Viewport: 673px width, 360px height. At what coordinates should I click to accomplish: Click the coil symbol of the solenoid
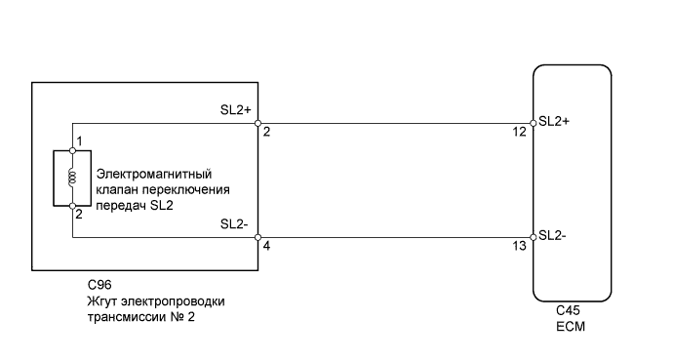pyautogui.click(x=72, y=179)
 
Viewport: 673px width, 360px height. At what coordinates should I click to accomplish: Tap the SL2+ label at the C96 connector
pyautogui.click(x=237, y=111)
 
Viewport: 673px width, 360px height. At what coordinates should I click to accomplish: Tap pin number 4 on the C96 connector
pyautogui.click(x=265, y=248)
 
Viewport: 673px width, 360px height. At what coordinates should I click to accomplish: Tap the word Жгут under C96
pyautogui.click(x=102, y=301)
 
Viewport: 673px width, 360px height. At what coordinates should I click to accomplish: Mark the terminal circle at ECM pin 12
pyautogui.click(x=533, y=124)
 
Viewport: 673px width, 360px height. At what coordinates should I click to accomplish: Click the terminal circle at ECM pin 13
pyautogui.click(x=533, y=236)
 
